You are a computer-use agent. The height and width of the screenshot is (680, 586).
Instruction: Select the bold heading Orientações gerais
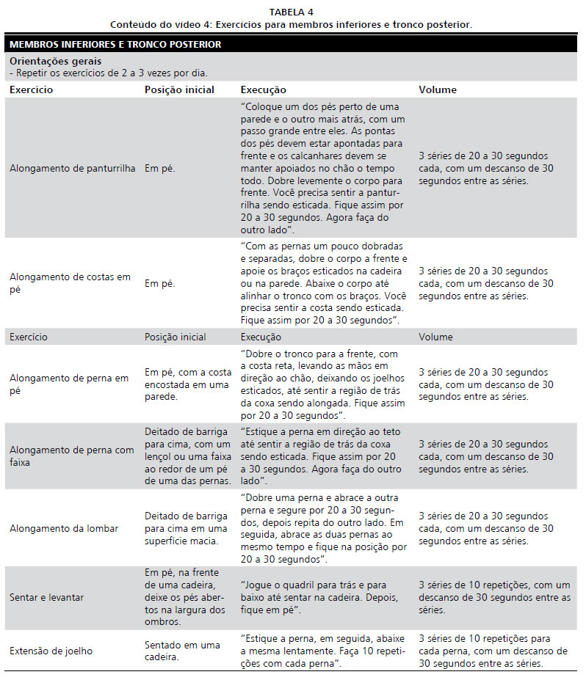tap(56, 61)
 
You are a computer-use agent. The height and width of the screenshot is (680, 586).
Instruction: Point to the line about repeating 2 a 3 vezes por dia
tap(109, 73)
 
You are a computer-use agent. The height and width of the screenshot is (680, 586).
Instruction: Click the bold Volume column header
tap(438, 89)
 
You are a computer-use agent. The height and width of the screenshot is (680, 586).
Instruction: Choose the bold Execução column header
tap(264, 89)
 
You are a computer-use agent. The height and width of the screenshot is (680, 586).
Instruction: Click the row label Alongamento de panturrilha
tap(73, 168)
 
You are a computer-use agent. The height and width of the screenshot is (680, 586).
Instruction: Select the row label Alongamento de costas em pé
tap(70, 283)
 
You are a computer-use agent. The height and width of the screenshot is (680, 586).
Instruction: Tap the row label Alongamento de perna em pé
tap(68, 384)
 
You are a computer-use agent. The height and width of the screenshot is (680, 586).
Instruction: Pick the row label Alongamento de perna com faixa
tap(71, 456)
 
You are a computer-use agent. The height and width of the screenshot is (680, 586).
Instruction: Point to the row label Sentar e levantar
tap(46, 597)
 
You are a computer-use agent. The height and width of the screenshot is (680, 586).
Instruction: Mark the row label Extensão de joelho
tap(51, 651)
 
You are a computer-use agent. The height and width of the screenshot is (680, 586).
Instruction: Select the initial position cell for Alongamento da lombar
tap(187, 528)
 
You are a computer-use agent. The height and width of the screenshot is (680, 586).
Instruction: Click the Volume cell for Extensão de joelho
tap(493, 651)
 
